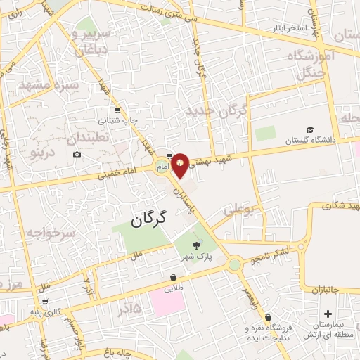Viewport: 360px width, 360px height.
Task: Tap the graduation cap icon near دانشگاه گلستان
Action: (310, 130)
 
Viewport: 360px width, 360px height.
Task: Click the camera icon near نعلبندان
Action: (77, 155)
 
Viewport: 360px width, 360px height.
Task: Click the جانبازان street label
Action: (326, 289)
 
